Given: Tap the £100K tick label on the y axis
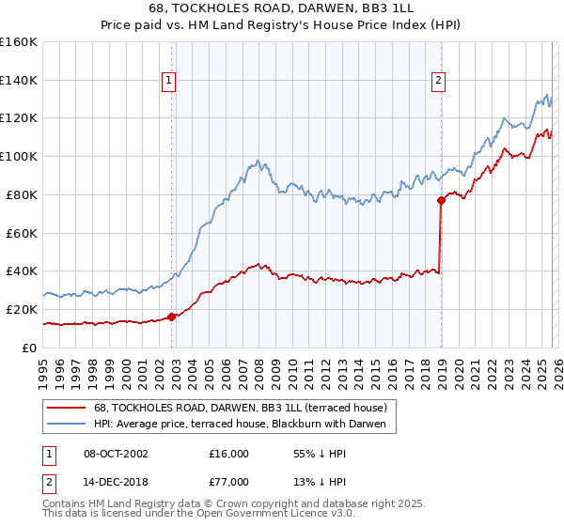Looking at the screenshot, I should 19,156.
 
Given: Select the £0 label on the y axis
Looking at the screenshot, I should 29,348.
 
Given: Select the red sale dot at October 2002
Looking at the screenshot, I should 171,317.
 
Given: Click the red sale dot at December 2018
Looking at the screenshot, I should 441,200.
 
